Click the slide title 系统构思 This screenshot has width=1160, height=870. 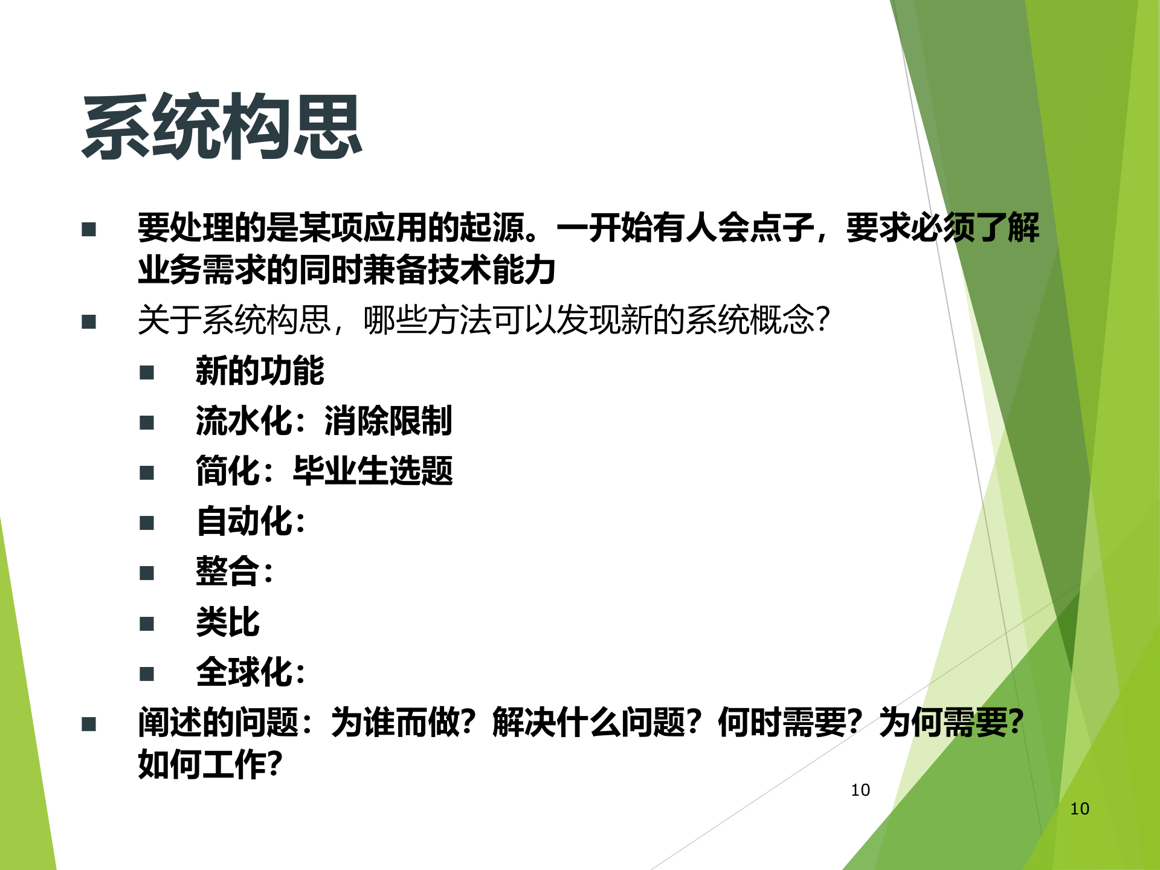[222, 127]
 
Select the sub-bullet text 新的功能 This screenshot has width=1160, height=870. [260, 370]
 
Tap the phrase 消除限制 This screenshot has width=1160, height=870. [388, 420]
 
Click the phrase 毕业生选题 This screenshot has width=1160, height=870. [373, 471]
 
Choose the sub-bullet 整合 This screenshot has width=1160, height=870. [228, 571]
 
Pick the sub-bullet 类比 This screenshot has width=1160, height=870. [228, 622]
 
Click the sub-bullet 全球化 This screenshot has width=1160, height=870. [244, 672]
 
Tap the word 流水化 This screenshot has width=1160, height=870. [244, 420]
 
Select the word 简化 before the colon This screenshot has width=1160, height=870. [228, 471]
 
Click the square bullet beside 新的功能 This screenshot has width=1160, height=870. [147, 372]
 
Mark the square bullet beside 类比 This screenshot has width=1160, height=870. [147, 623]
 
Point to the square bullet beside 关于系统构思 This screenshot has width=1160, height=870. [89, 321]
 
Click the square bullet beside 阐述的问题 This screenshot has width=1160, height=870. [89, 724]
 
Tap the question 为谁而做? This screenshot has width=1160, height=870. [404, 722]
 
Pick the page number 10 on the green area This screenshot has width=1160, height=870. [1080, 809]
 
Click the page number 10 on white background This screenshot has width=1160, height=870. [860, 790]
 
